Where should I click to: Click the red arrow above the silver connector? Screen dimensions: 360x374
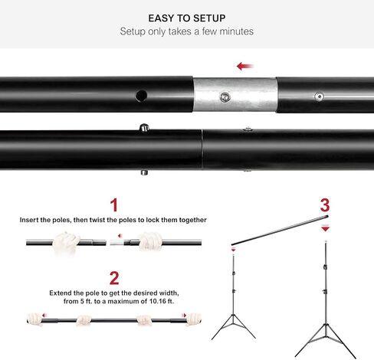tap(245, 67)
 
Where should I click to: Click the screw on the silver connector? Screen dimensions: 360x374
tap(224, 97)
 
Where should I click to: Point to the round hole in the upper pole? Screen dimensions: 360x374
tap(141, 97)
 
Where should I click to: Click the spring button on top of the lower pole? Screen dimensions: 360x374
tap(143, 126)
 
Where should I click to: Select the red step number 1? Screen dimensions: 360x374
tap(113, 205)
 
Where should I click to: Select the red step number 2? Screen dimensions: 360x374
tap(113, 277)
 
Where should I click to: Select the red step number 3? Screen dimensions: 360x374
tap(325, 205)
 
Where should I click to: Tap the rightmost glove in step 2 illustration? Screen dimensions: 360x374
tap(194, 318)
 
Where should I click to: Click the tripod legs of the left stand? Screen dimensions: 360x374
tap(233, 326)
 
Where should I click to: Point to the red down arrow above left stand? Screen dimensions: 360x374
tap(233, 248)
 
